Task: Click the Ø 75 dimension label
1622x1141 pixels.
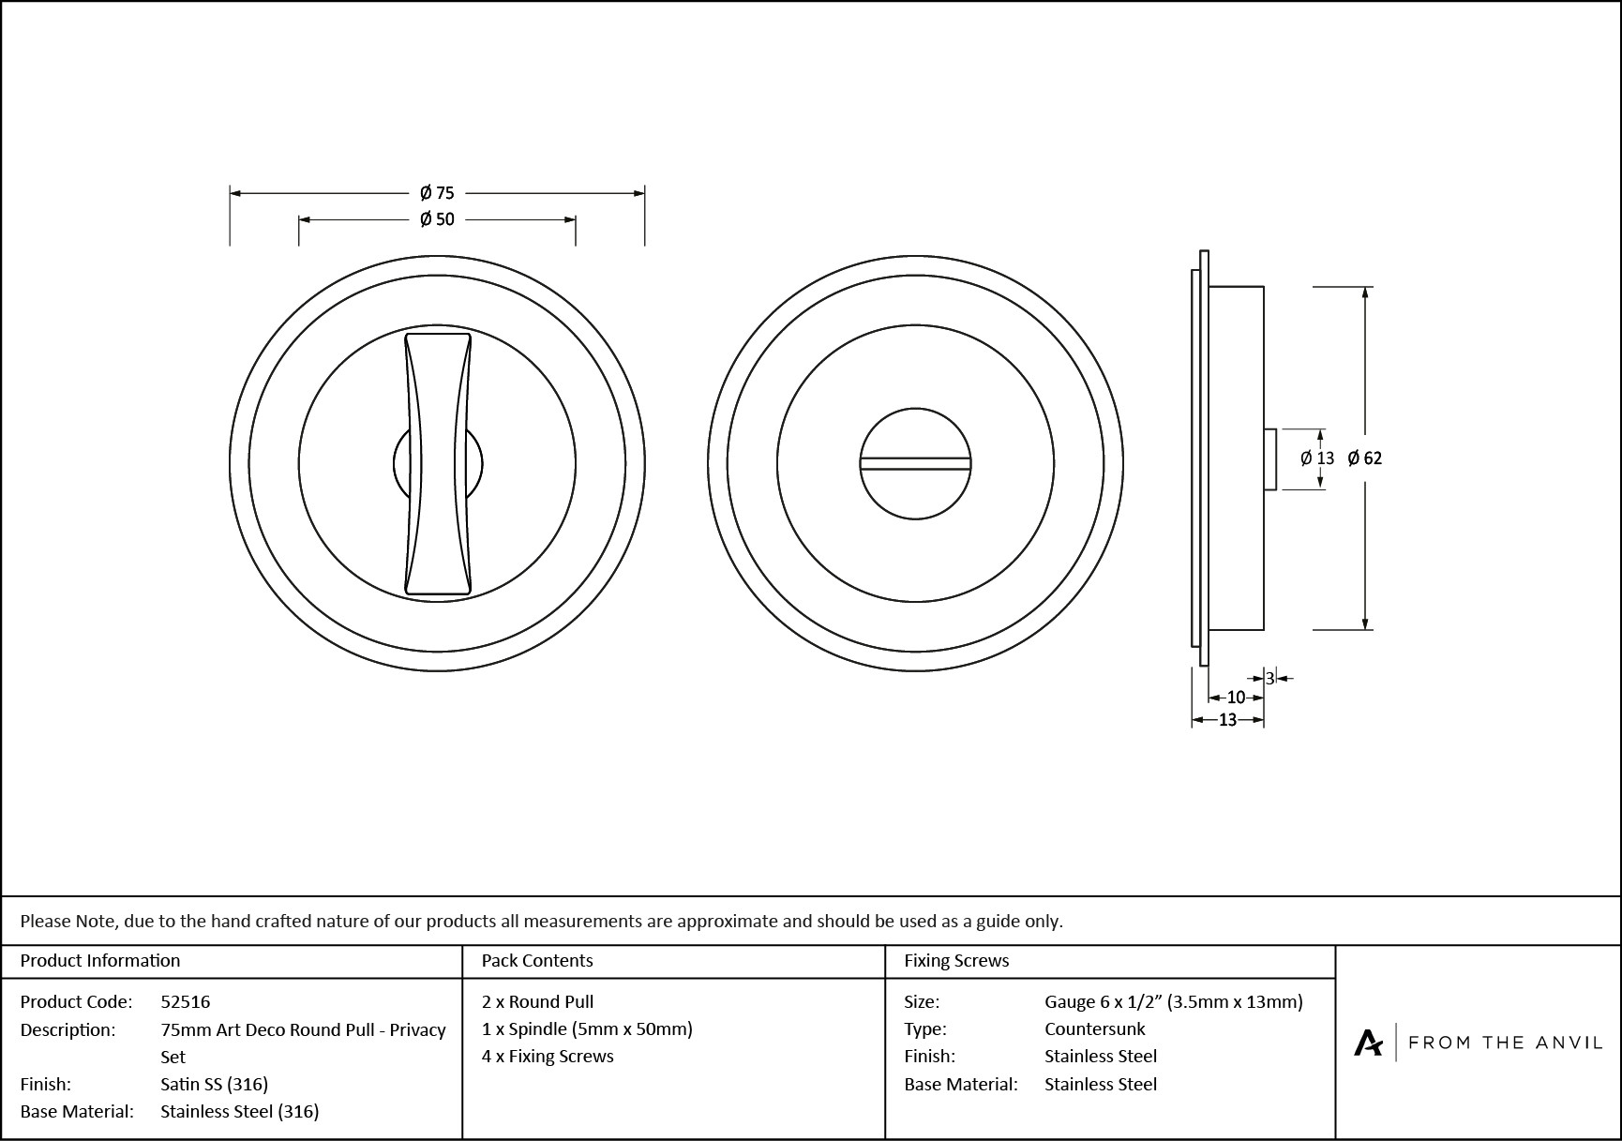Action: pyautogui.click(x=437, y=193)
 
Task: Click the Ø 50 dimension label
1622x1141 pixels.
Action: pyautogui.click(x=437, y=219)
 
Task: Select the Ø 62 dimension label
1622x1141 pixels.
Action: pyautogui.click(x=1364, y=458)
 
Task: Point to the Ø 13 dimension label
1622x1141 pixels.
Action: pyautogui.click(x=1317, y=458)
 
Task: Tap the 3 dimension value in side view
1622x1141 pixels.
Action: pyautogui.click(x=1269, y=679)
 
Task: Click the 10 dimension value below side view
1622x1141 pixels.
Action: pyautogui.click(x=1236, y=698)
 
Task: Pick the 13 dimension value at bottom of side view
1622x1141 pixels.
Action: pyautogui.click(x=1227, y=720)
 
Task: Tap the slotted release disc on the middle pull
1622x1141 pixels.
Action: pyautogui.click(x=915, y=463)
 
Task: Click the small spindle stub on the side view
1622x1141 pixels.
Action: pyautogui.click(x=1269, y=459)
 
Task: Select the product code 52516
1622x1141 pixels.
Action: pyautogui.click(x=186, y=1001)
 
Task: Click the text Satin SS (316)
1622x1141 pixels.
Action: pyautogui.click(x=215, y=1084)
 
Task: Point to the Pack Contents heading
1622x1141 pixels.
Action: pyautogui.click(x=537, y=960)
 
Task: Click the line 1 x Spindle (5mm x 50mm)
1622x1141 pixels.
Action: pyautogui.click(x=587, y=1028)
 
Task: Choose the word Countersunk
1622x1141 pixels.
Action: pyautogui.click(x=1094, y=1028)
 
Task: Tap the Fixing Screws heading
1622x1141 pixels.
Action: pyautogui.click(x=956, y=960)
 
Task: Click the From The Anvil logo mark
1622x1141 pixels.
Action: pyautogui.click(x=1368, y=1043)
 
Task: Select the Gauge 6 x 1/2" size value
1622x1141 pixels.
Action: pyautogui.click(x=1173, y=1001)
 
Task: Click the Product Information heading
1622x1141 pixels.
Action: pyautogui.click(x=100, y=960)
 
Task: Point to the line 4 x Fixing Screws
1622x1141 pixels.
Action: pyautogui.click(x=548, y=1056)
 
